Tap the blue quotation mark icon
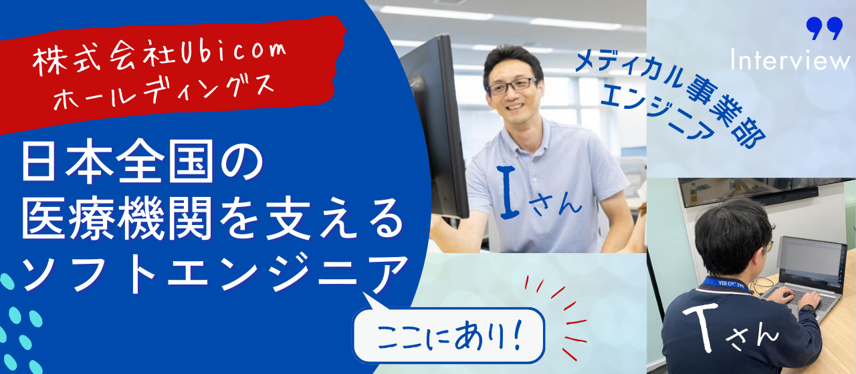click(x=823, y=29)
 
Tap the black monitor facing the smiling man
click(x=438, y=127)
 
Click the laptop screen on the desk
click(x=812, y=261)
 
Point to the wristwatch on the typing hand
click(x=808, y=309)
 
